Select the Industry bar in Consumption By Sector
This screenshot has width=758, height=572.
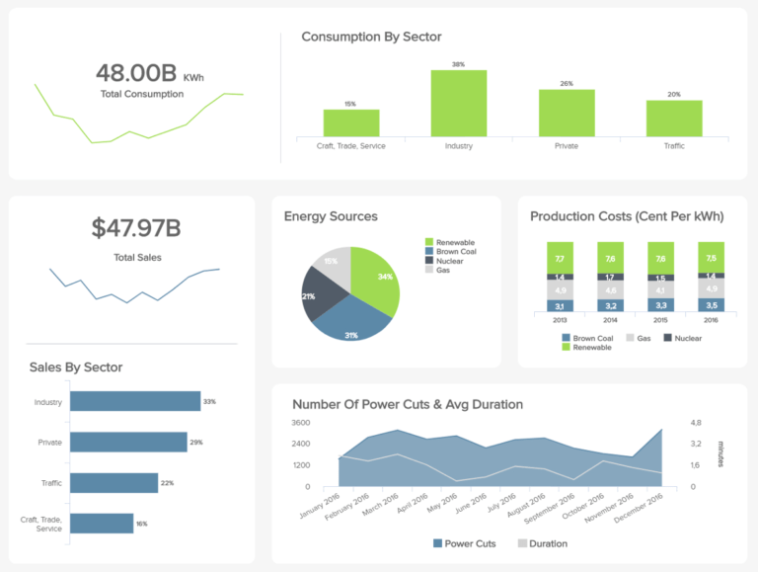pos(458,103)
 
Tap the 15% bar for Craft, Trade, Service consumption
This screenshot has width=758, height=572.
pos(350,123)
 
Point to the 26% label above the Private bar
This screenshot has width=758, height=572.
pos(567,84)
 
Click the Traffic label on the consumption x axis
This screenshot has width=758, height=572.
pos(673,146)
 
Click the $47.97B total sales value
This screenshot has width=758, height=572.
pos(136,228)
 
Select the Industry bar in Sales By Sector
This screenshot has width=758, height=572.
pos(134,402)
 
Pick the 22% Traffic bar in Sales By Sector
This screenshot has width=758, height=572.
pos(114,482)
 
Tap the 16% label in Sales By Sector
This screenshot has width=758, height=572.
pos(142,523)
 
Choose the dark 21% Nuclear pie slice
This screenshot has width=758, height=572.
pos(323,296)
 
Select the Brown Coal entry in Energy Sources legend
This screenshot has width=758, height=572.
pos(452,251)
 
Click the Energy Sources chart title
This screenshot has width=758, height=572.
pos(331,216)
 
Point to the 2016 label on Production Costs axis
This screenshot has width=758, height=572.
pos(711,321)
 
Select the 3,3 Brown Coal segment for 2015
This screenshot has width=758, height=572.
pos(660,305)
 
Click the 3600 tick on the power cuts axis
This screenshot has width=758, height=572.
pos(300,423)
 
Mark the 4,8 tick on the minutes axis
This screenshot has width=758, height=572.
pos(695,423)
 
